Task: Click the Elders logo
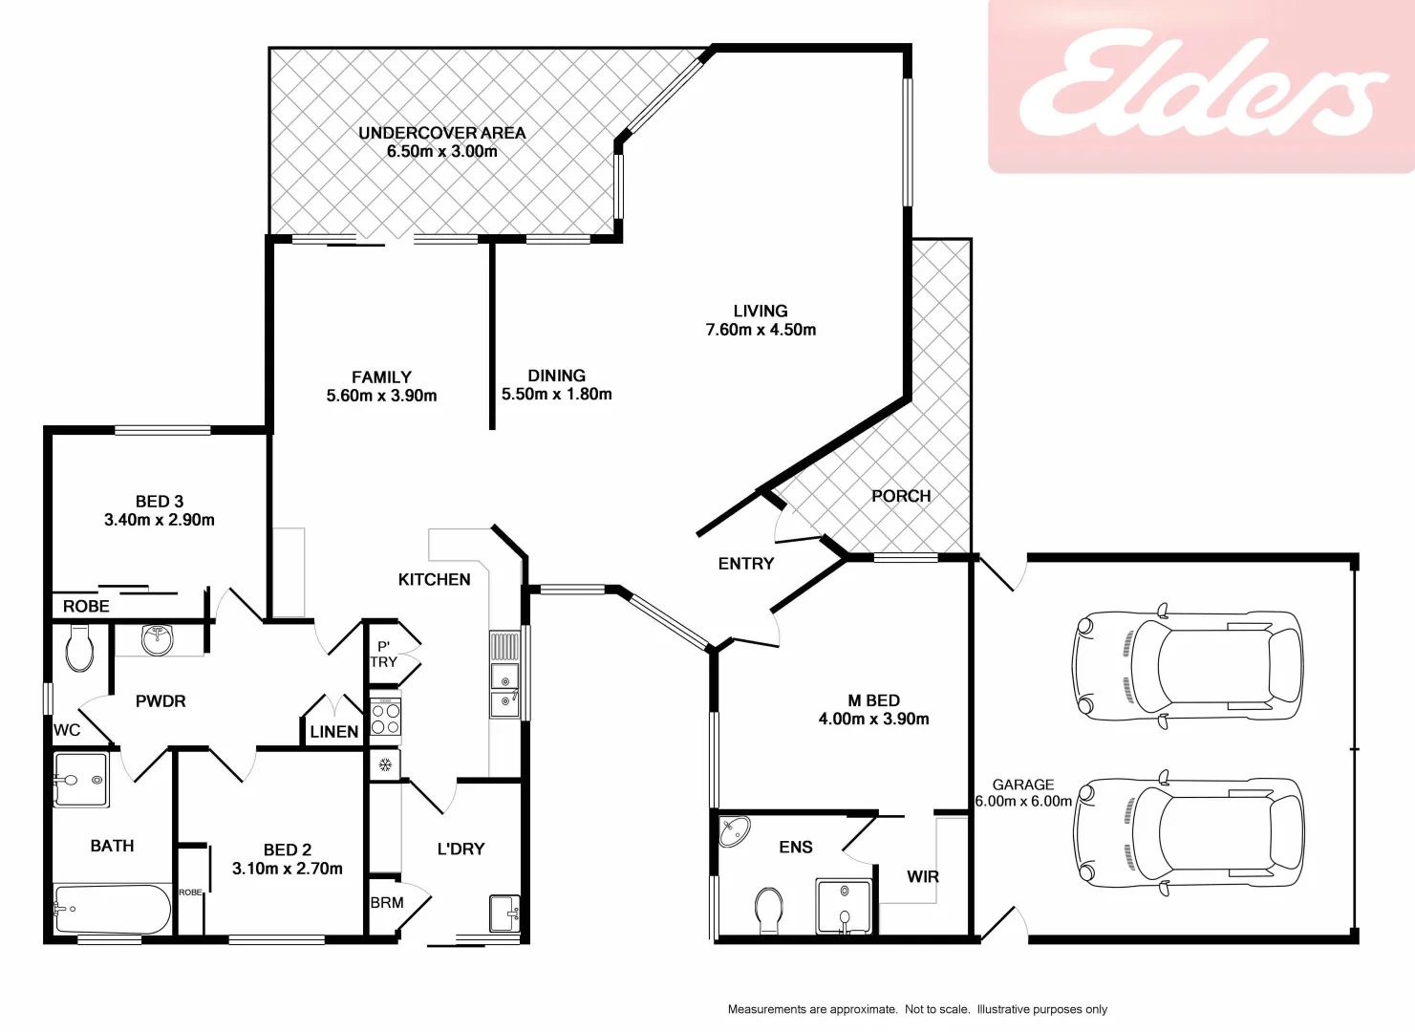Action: point(1202,86)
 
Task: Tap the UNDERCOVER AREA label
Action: point(441,133)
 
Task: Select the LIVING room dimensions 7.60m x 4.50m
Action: point(761,330)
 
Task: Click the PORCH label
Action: point(900,496)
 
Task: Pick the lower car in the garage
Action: point(1188,832)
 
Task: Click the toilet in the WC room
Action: point(79,648)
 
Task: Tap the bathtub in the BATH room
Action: point(112,909)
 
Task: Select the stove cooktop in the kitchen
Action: point(385,717)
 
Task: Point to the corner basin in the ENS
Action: point(734,831)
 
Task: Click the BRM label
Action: point(387,902)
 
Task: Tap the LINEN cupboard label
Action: point(334,732)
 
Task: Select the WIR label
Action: point(922,876)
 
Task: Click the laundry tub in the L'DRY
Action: point(504,913)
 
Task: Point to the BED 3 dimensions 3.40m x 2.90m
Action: point(160,520)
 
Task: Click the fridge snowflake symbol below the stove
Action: point(385,764)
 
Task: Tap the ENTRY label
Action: point(745,564)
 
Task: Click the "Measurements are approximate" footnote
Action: point(917,1009)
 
